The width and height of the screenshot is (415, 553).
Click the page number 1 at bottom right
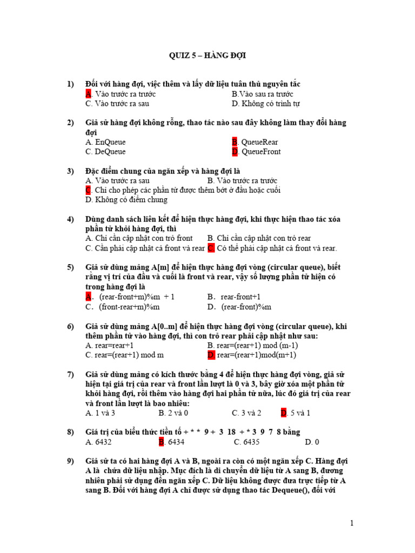pos(352,523)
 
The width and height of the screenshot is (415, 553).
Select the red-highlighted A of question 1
pos(88,94)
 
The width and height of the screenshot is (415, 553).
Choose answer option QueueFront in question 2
pos(261,152)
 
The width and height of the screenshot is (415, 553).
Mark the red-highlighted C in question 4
pos(211,248)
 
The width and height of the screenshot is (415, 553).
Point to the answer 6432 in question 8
pos(103,442)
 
